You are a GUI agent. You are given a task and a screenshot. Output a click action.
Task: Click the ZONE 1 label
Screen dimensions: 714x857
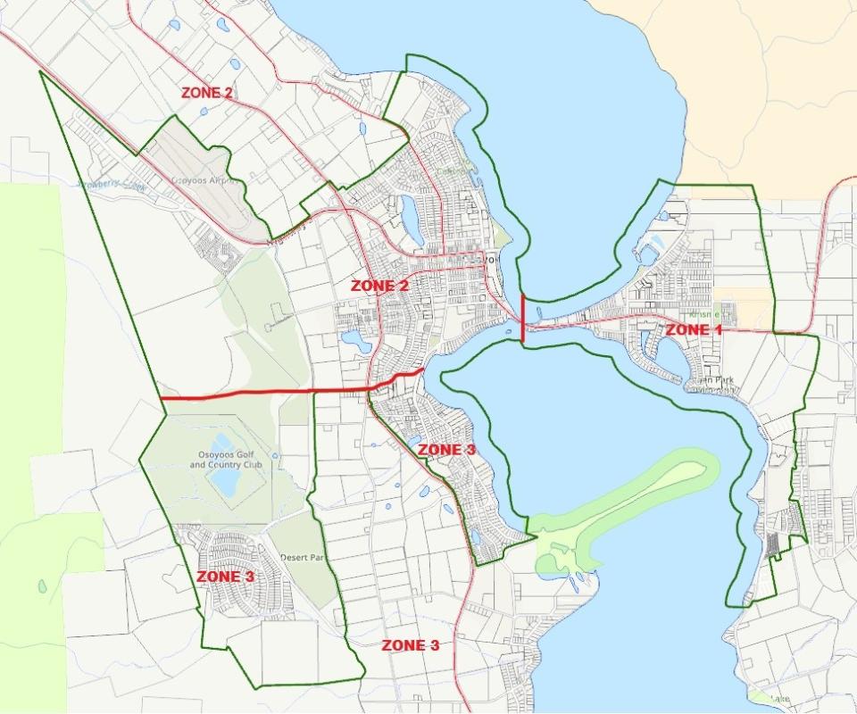point(694,329)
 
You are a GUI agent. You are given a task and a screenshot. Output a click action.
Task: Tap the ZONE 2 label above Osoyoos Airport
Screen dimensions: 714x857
point(207,92)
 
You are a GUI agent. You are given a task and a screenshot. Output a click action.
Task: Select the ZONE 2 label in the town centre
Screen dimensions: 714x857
point(379,286)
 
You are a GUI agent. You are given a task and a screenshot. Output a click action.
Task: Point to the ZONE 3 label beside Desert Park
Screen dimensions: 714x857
point(225,577)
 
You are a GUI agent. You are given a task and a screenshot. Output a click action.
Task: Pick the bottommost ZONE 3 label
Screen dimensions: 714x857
point(411,645)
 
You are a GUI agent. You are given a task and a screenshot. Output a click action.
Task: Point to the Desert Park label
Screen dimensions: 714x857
point(301,558)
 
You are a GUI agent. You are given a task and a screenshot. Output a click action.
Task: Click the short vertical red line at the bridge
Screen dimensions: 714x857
point(522,317)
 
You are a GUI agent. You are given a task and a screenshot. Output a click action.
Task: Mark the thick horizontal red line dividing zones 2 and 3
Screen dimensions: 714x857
point(268,393)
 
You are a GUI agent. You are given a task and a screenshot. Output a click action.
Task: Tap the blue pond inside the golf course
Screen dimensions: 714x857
point(223,479)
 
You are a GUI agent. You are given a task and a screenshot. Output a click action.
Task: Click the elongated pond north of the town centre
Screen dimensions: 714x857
point(412,220)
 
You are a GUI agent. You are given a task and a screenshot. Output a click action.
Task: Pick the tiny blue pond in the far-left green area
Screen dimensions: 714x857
point(42,586)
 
